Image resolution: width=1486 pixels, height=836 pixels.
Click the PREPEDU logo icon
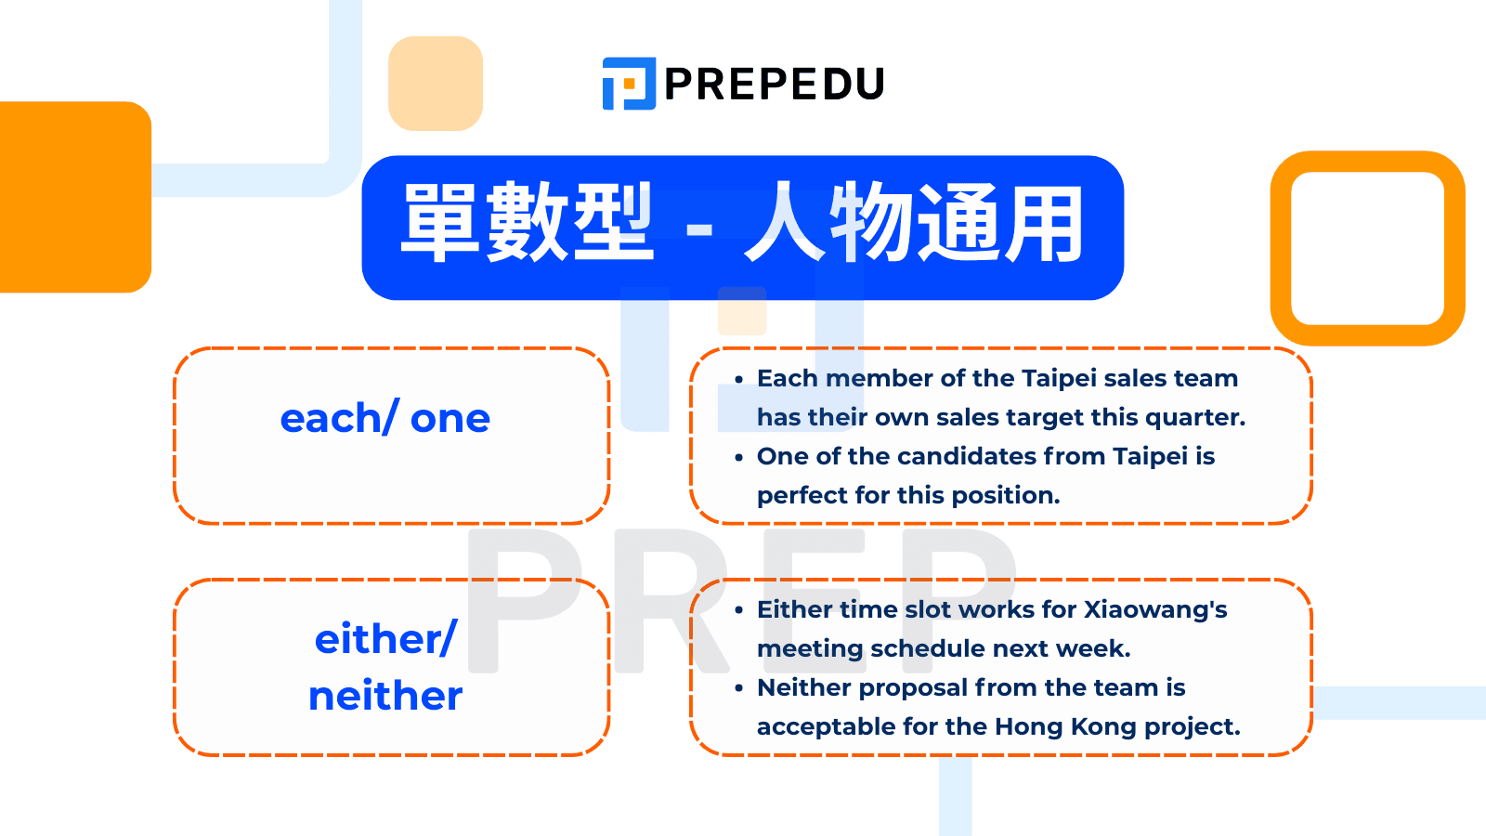629,84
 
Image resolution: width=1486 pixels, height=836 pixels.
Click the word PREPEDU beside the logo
774,85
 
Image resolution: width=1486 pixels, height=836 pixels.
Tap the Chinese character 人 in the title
784,224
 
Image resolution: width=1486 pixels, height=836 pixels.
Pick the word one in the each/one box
450,420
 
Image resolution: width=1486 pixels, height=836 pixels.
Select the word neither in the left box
385,696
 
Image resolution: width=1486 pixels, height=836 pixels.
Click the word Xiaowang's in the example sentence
1155,609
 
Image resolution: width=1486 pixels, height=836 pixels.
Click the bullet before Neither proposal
738,688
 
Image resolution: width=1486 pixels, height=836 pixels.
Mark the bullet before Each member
738,379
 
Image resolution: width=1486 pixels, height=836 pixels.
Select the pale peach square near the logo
436,84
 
